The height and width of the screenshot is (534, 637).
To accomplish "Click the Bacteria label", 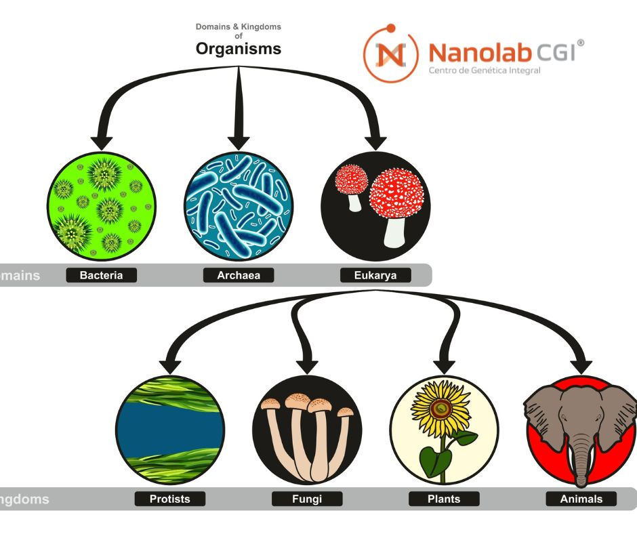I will (x=102, y=275).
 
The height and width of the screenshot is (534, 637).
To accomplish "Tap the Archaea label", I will (x=239, y=275).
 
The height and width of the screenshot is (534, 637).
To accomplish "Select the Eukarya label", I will (x=375, y=275).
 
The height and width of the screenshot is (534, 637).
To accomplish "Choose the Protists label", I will (x=169, y=499).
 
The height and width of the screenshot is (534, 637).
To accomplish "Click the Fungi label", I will (x=307, y=499).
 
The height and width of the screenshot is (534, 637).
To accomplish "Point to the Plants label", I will (x=444, y=499).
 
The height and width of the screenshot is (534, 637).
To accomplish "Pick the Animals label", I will (x=581, y=499).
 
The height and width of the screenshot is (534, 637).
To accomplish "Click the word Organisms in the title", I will (x=238, y=49).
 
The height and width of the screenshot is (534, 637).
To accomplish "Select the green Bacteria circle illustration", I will (x=102, y=207).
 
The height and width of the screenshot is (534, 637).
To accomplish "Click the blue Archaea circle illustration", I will (x=239, y=207).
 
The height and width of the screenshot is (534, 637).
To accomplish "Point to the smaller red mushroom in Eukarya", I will (x=352, y=180).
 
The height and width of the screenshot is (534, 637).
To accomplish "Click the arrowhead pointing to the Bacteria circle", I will (x=102, y=142).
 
